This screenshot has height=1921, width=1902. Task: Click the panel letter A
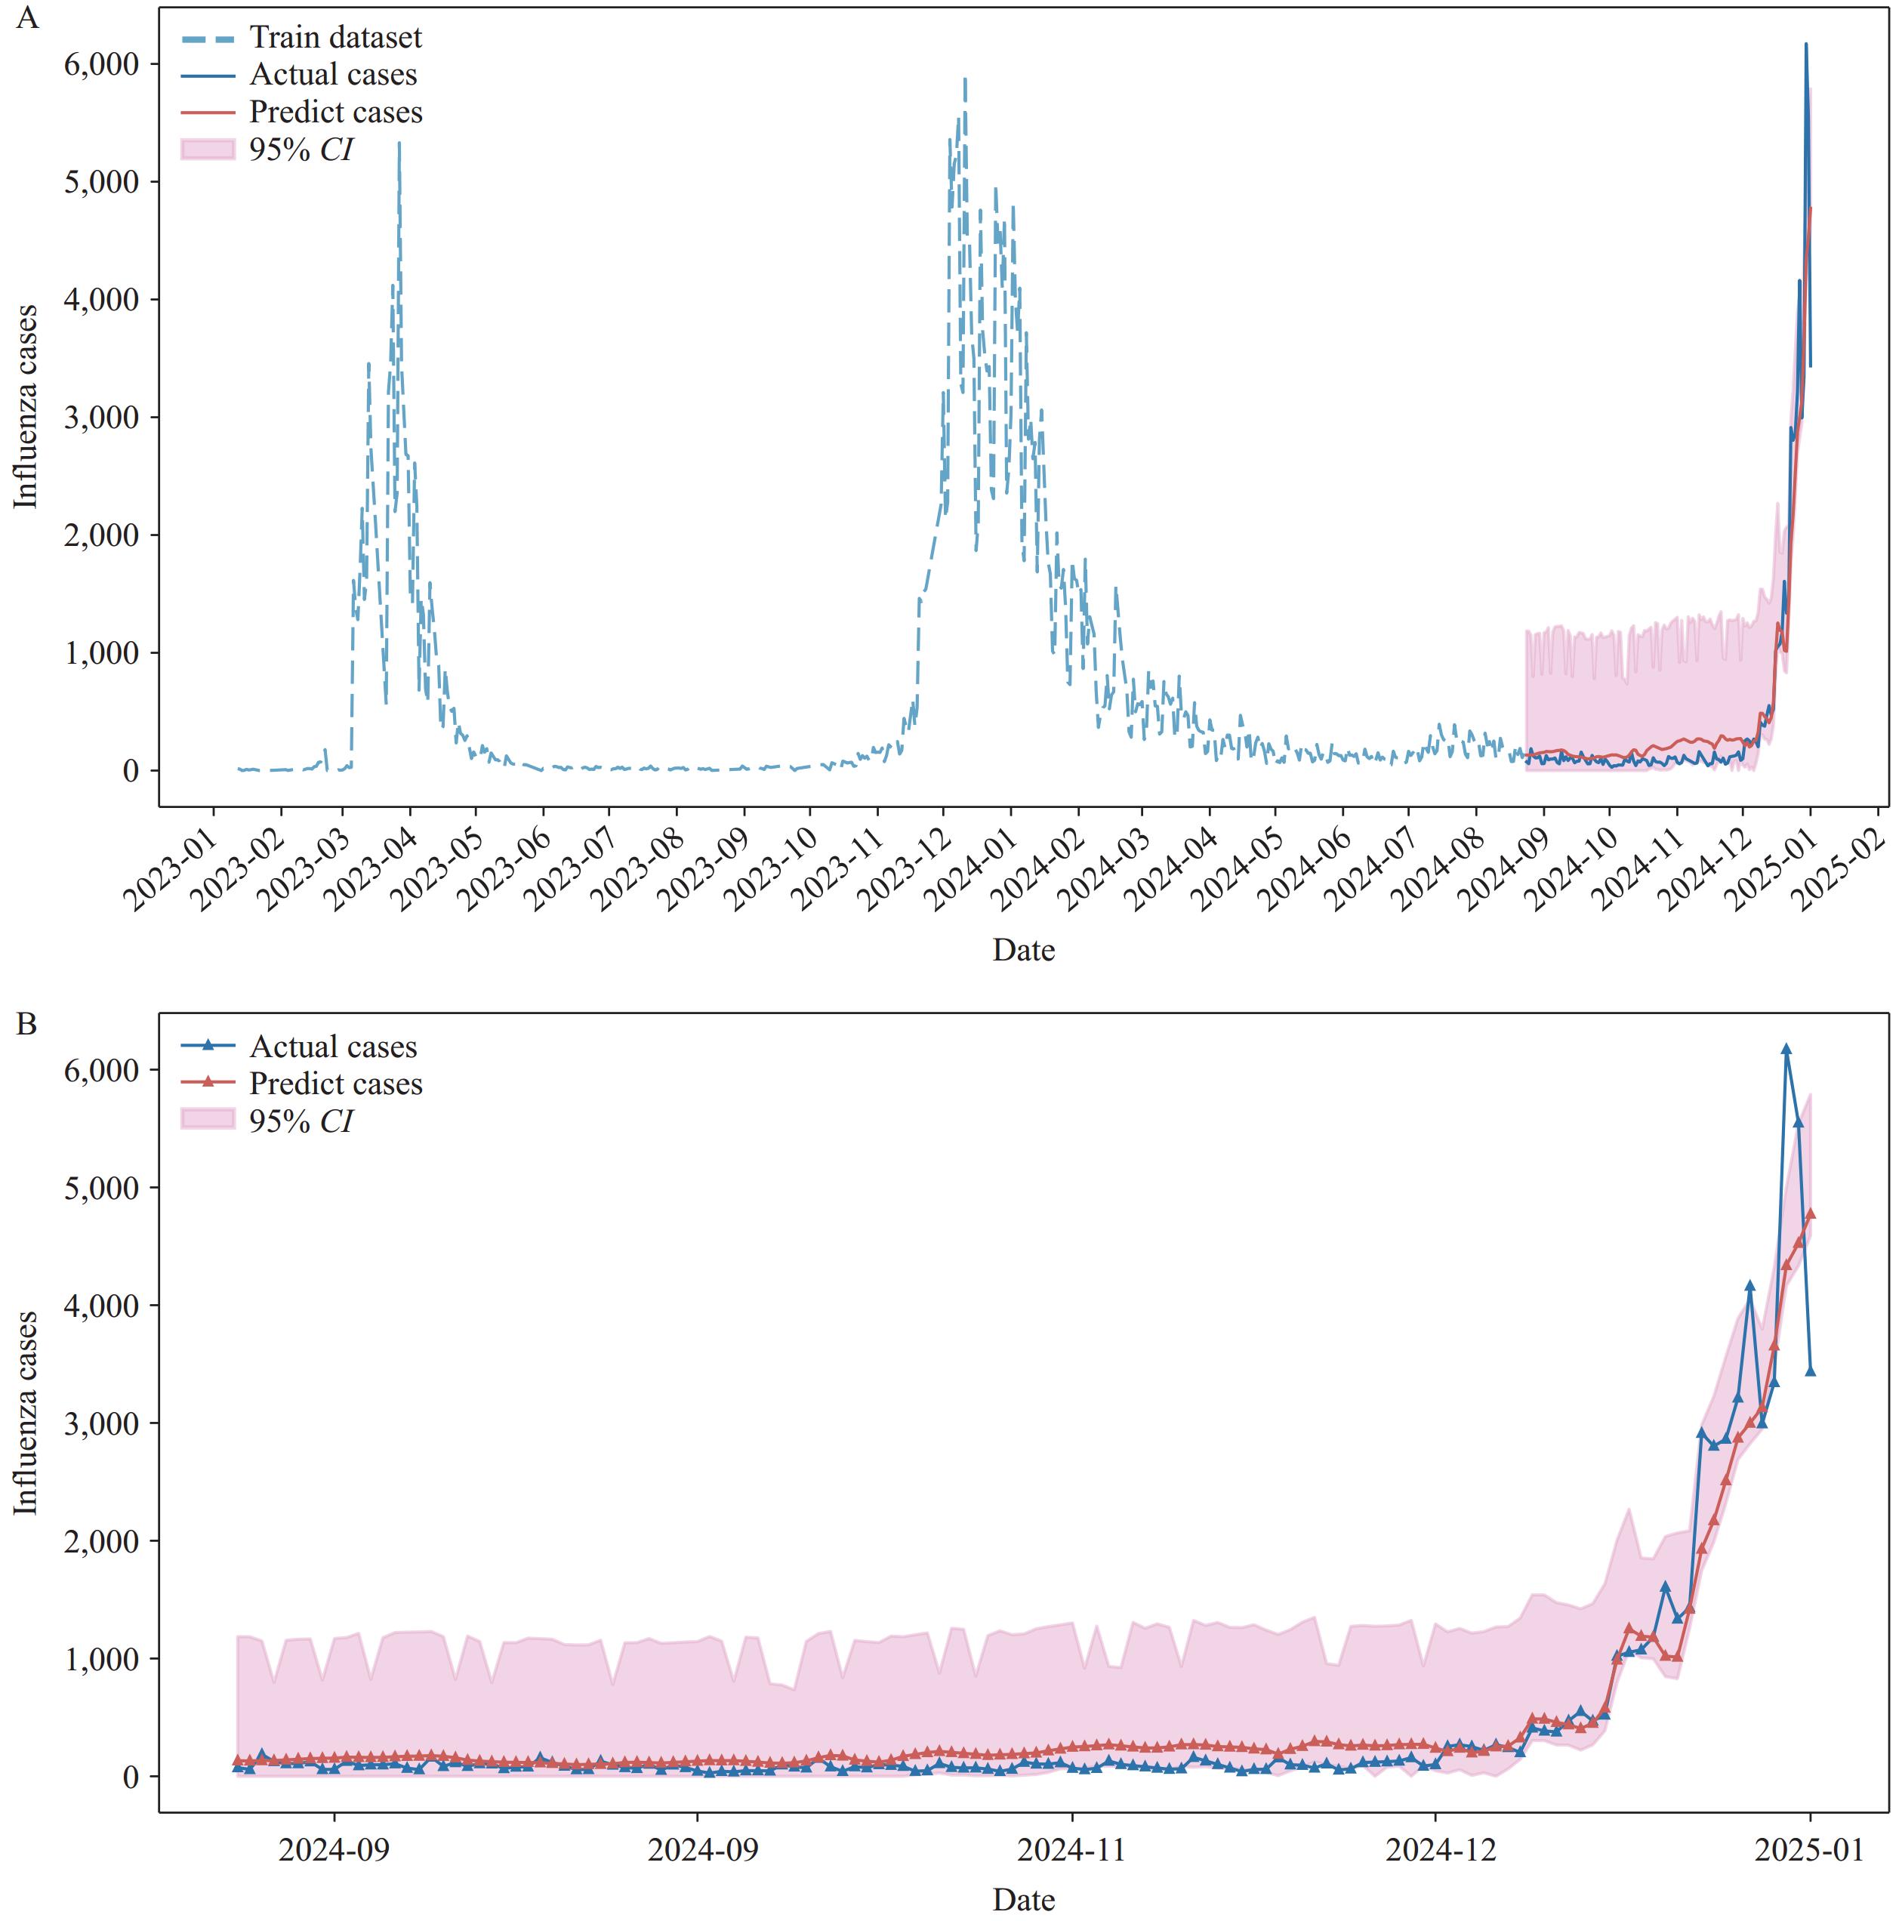click(x=27, y=18)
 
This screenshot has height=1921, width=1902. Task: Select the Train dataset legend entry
click(x=335, y=38)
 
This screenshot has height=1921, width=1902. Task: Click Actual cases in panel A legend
click(x=332, y=75)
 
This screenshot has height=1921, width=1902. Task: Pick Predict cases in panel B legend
click(x=335, y=1083)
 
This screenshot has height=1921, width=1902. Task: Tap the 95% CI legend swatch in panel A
click(x=208, y=150)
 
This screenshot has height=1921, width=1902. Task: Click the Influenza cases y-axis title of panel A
click(x=27, y=407)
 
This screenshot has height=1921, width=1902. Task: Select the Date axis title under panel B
click(x=1023, y=1899)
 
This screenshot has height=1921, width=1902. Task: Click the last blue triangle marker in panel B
click(x=1811, y=1371)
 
